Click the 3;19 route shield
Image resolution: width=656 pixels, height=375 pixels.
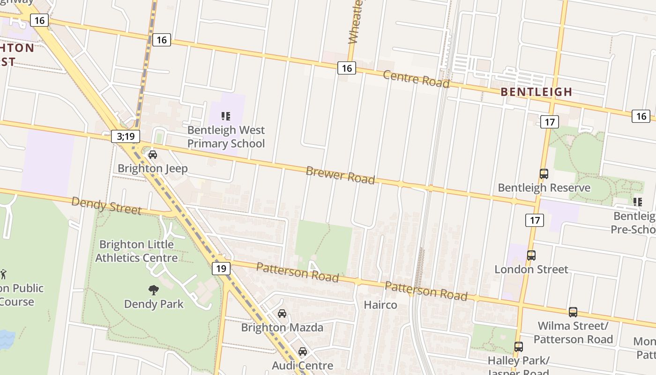[x=126, y=136]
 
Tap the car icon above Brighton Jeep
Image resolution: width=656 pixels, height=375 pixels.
[x=153, y=155]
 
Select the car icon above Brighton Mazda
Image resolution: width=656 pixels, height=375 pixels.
[x=282, y=314]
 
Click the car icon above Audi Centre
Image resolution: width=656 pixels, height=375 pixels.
[x=303, y=352]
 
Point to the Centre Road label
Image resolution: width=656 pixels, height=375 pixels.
[x=416, y=79]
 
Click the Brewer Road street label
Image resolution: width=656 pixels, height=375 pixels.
[x=340, y=175]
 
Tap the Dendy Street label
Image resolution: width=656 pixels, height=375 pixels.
[x=106, y=206]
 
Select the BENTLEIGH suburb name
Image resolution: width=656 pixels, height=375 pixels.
[x=537, y=92]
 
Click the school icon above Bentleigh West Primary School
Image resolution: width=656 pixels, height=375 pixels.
[x=226, y=116]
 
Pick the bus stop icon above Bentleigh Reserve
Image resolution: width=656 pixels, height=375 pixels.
[x=544, y=174]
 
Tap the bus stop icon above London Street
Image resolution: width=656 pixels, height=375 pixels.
[x=531, y=255]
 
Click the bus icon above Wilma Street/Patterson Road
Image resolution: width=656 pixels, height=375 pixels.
[x=573, y=312]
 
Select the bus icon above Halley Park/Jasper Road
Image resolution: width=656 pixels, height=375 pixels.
[x=518, y=347]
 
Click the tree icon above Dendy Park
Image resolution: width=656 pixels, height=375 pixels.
[x=153, y=290]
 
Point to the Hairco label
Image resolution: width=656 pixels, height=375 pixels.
[x=380, y=305]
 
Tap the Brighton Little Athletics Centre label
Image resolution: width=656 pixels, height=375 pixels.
[x=136, y=251]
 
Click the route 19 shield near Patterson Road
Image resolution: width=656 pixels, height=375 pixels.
[x=221, y=269]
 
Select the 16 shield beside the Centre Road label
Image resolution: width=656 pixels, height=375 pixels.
[x=346, y=68]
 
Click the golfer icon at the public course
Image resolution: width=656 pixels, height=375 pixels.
[x=4, y=274]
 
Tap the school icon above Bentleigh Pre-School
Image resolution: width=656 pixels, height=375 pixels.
[x=637, y=202]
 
